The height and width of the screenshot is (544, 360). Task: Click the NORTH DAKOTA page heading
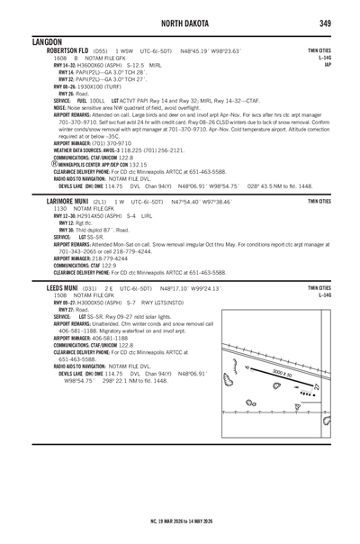pyautogui.click(x=180, y=23)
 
